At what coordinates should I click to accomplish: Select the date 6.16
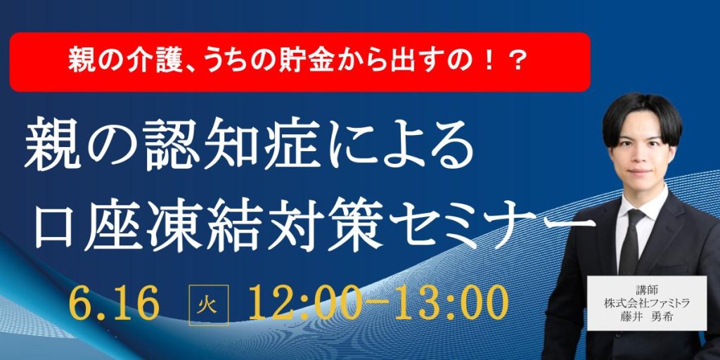coord(115,303)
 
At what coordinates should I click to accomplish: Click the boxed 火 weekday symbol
coord(208,304)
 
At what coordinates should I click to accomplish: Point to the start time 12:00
coord(302,303)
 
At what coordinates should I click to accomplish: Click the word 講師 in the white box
coord(647,290)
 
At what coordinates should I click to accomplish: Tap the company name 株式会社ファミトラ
coord(647,303)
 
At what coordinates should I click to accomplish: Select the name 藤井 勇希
coord(647,317)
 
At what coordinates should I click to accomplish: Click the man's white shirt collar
coord(643,206)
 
